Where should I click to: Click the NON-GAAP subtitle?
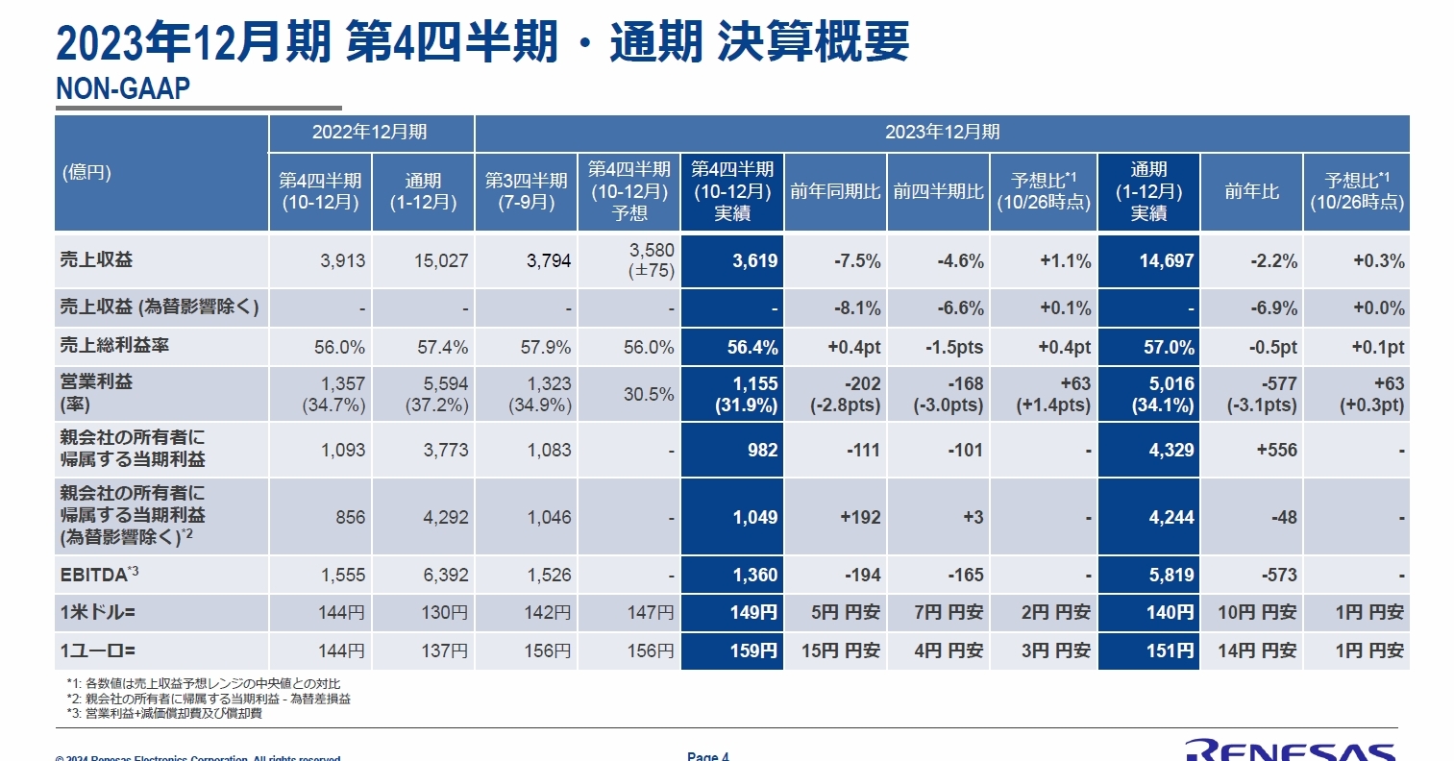[x=123, y=88]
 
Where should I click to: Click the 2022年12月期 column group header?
[x=370, y=133]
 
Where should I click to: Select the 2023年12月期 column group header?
[x=942, y=133]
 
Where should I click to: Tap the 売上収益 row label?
[x=97, y=259]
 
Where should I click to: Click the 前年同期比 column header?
[x=835, y=192]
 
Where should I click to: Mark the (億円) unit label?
[x=87, y=173]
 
